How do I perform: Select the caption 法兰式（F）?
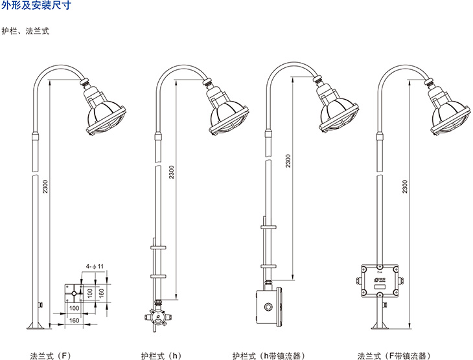click(x=50, y=355)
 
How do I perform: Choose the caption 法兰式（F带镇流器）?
click(x=388, y=355)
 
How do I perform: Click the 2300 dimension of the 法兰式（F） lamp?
click(x=45, y=185)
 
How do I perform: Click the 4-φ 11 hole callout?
click(x=95, y=266)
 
